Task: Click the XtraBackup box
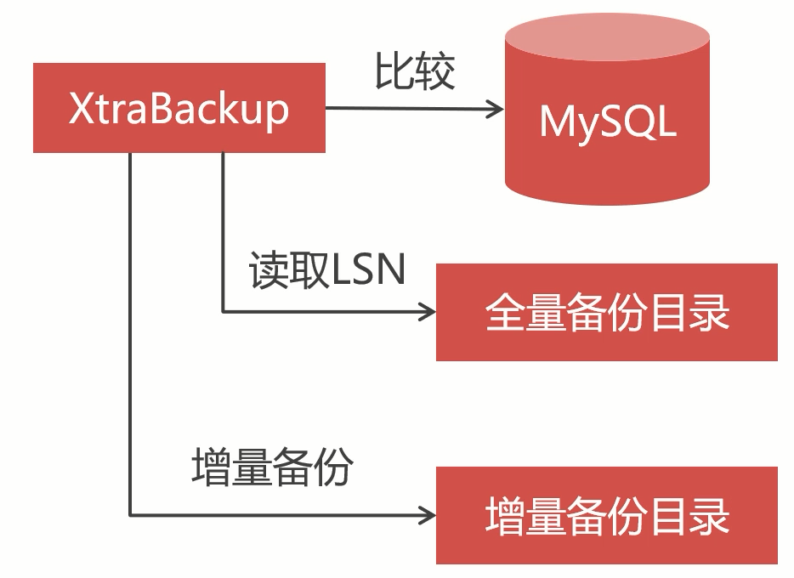(x=179, y=108)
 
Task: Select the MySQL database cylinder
(x=607, y=127)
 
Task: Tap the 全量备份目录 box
(x=606, y=312)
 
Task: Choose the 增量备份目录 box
(x=606, y=515)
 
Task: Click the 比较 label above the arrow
(x=414, y=71)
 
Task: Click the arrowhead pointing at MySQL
(x=496, y=108)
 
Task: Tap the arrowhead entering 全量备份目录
(x=428, y=312)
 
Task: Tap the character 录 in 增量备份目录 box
(x=709, y=516)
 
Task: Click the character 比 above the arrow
(x=394, y=71)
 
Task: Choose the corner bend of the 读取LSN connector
(x=223, y=312)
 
